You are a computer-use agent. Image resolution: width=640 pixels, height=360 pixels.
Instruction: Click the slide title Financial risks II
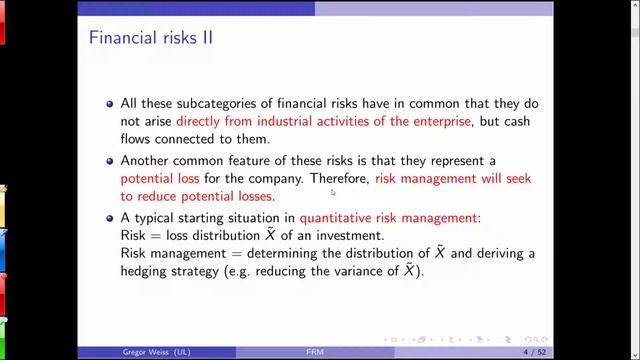click(x=150, y=39)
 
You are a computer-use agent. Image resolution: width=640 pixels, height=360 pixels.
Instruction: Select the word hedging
click(x=149, y=271)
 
